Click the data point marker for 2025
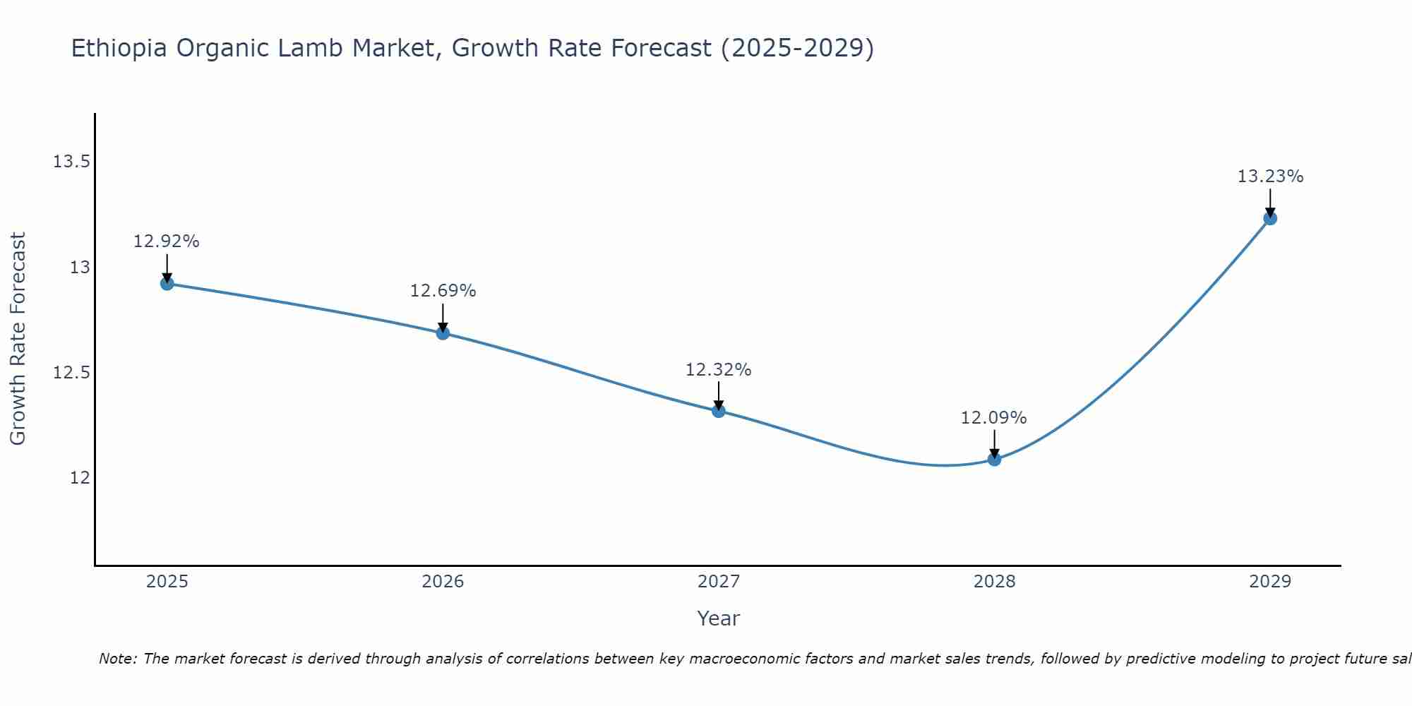click(167, 284)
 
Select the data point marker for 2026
click(443, 333)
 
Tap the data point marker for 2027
click(719, 411)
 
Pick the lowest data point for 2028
click(994, 460)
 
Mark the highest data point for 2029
click(1270, 219)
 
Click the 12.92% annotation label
click(167, 241)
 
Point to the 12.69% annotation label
click(443, 291)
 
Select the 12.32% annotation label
click(718, 370)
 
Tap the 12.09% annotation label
click(993, 418)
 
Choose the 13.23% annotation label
click(1270, 176)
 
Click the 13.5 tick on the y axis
click(71, 162)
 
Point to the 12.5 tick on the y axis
click(71, 373)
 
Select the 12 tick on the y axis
click(80, 478)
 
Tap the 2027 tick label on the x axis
click(719, 582)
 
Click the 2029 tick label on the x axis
click(1270, 582)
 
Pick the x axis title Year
click(718, 618)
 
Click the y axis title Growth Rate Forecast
click(18, 339)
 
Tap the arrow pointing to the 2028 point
click(994, 443)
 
